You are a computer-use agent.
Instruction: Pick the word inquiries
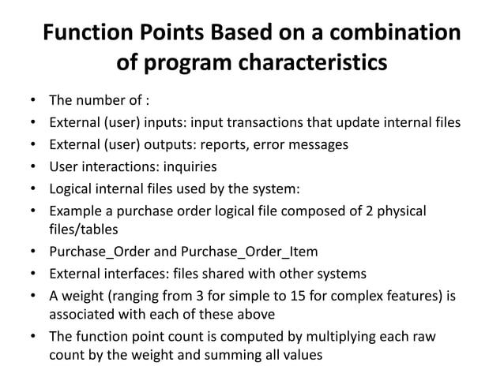tap(188, 166)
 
